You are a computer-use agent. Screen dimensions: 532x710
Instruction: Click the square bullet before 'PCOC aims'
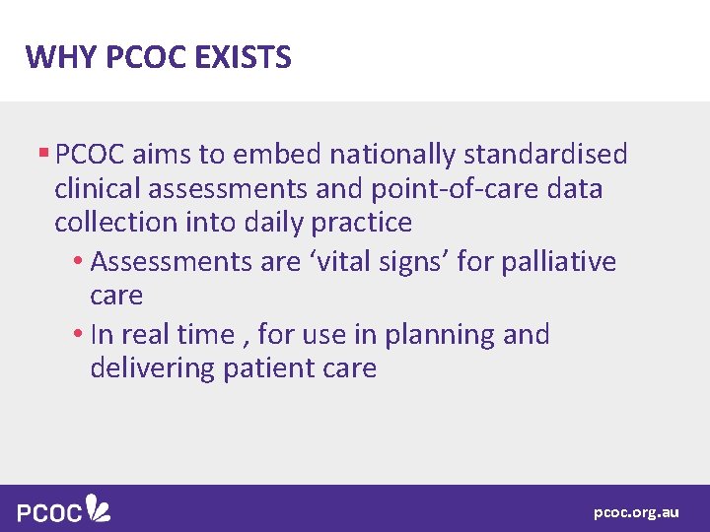[x=43, y=154]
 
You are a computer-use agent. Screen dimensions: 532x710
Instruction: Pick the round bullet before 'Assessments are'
[x=78, y=262]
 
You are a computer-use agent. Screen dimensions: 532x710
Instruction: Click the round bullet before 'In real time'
[x=78, y=335]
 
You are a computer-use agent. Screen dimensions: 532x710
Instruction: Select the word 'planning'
[x=441, y=335]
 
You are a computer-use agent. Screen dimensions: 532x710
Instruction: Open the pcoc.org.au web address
[x=636, y=512]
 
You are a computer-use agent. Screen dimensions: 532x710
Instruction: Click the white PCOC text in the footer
[x=48, y=512]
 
